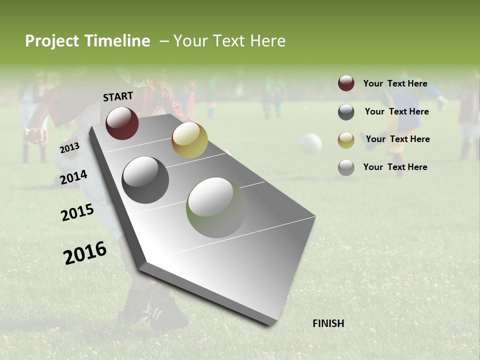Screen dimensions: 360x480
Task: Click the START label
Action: click(x=118, y=96)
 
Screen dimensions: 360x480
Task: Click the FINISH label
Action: click(x=328, y=323)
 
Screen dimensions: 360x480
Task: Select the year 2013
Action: click(x=69, y=148)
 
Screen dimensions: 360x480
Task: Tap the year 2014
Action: click(x=73, y=177)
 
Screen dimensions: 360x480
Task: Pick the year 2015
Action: click(x=77, y=212)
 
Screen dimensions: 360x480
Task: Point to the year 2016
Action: click(x=85, y=253)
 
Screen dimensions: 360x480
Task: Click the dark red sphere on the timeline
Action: click(x=122, y=123)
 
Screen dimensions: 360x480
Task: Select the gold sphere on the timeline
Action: click(x=189, y=140)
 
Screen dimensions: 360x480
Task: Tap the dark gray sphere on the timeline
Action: click(x=145, y=180)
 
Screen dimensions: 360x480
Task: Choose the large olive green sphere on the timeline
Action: click(x=216, y=207)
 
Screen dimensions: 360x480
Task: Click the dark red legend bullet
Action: click(x=346, y=83)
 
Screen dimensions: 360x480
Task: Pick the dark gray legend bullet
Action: click(x=346, y=112)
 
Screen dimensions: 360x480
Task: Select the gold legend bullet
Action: click(x=346, y=140)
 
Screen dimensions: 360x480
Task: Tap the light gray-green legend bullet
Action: click(x=346, y=167)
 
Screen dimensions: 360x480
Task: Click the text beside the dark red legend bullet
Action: click(x=395, y=83)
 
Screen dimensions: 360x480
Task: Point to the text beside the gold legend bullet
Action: click(x=397, y=139)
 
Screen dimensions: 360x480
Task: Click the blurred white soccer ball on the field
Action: click(x=310, y=143)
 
